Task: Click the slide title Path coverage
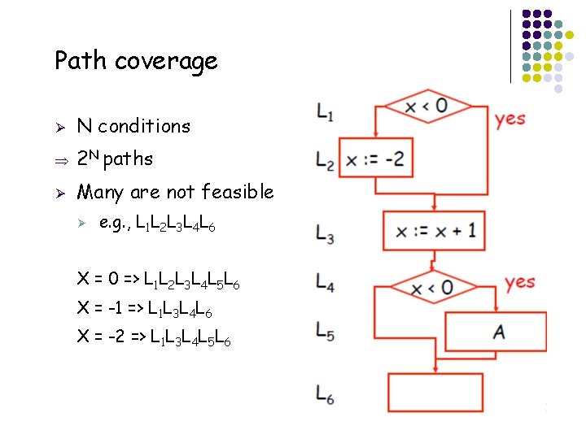pyautogui.click(x=136, y=61)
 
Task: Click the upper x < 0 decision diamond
pyautogui.click(x=427, y=106)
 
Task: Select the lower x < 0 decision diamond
pyautogui.click(x=432, y=287)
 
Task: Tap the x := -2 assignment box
pyautogui.click(x=374, y=159)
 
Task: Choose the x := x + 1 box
pyautogui.click(x=435, y=231)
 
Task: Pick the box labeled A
pyautogui.click(x=496, y=332)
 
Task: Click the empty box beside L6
pyautogui.click(x=435, y=393)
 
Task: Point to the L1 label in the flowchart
pyautogui.click(x=324, y=113)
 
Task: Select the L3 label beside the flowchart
pyautogui.click(x=324, y=235)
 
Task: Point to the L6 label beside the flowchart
pyautogui.click(x=324, y=397)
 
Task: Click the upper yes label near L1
pyautogui.click(x=510, y=119)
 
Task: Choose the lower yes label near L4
pyautogui.click(x=519, y=282)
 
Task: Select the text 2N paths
pyautogui.click(x=115, y=159)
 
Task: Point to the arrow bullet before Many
pyautogui.click(x=60, y=193)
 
